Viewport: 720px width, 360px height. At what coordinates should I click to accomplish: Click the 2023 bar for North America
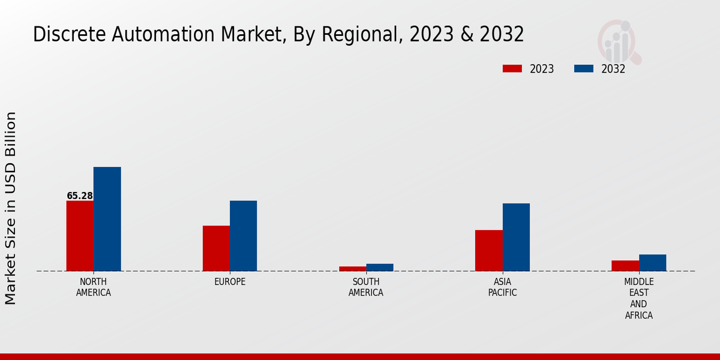(80, 236)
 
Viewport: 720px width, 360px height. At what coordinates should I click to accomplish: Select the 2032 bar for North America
(107, 219)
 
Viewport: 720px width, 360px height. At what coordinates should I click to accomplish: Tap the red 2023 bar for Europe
(216, 248)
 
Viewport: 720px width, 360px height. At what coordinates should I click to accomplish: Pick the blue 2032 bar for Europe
(244, 236)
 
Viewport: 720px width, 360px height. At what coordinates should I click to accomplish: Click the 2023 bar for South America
(352, 269)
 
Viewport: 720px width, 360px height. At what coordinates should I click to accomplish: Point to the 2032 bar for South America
(380, 268)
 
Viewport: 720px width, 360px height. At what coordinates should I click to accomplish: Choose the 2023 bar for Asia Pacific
(489, 250)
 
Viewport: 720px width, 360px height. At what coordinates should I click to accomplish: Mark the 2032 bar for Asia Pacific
(516, 237)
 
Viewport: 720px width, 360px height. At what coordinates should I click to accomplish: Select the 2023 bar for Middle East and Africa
(625, 266)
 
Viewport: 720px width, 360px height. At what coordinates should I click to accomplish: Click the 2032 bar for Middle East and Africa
(653, 263)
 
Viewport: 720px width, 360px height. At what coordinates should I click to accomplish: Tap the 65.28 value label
(80, 196)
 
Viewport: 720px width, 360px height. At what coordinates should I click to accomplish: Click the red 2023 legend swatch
(512, 69)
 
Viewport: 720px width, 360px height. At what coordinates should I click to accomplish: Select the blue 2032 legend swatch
(584, 69)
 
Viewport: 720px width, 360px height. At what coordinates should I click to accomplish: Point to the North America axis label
(94, 287)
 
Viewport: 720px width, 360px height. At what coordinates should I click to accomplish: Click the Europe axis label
(230, 282)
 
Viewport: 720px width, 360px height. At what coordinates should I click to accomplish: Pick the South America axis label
(366, 287)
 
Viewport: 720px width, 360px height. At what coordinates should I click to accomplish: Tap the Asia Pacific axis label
(503, 287)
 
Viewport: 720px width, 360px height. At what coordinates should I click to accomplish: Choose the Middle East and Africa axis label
(639, 298)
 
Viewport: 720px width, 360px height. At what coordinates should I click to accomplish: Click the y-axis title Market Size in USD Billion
(11, 208)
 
